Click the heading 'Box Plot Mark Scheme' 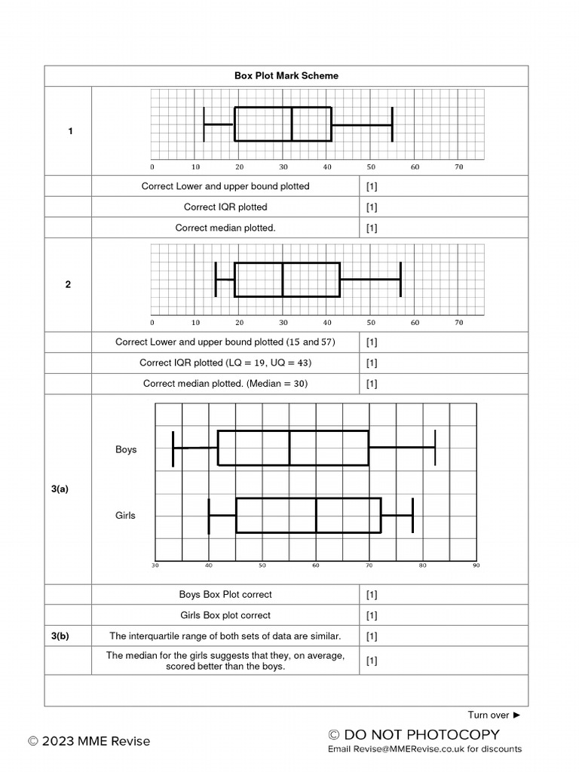pos(286,75)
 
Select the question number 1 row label pos(71,131)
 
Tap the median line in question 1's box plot pos(292,124)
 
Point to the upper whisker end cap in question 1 pos(392,124)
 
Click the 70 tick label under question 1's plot pos(458,167)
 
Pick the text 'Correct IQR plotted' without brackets pos(225,207)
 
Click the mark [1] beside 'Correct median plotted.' pos(372,228)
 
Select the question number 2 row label pos(68,284)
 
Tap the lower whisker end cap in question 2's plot pos(216,280)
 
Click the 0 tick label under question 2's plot pos(152,323)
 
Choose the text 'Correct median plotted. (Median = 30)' pos(225,384)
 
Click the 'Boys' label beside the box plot pos(126,449)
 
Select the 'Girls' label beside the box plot pos(125,515)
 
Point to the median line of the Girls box pos(316,515)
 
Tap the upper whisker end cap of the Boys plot pos(435,447)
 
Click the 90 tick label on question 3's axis pos(476,565)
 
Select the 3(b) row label pos(60,636)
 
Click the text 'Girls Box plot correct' pos(225,615)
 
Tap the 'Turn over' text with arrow pos(494,715)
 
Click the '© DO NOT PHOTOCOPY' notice pos(414,734)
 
